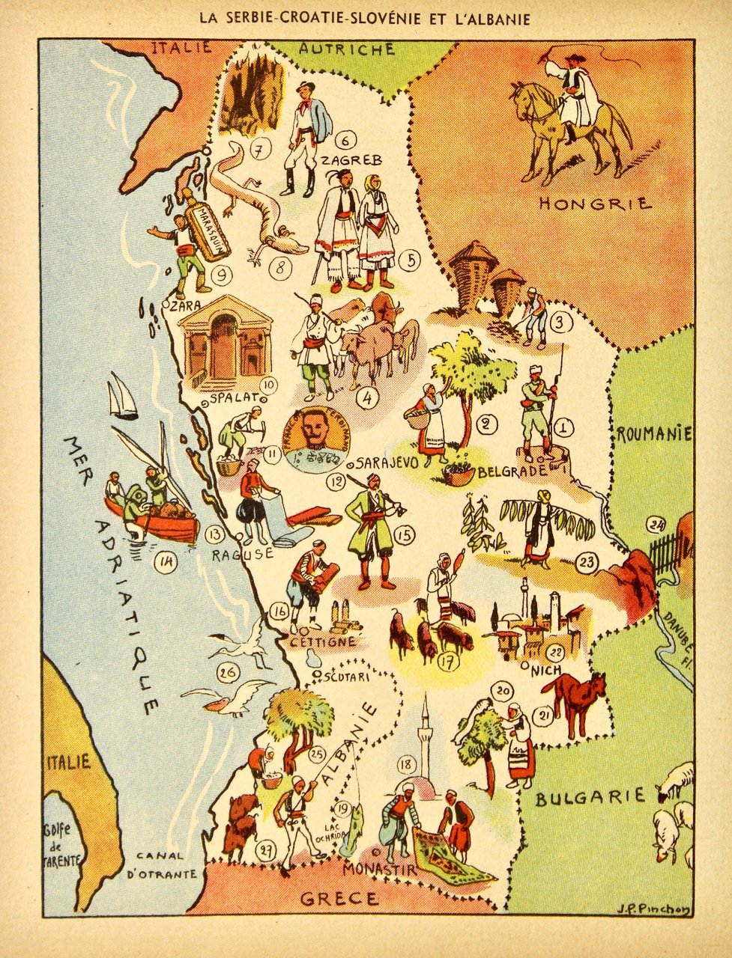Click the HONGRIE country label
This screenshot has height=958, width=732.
(596, 203)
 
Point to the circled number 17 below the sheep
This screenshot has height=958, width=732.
(447, 662)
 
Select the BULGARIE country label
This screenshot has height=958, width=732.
(590, 796)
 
